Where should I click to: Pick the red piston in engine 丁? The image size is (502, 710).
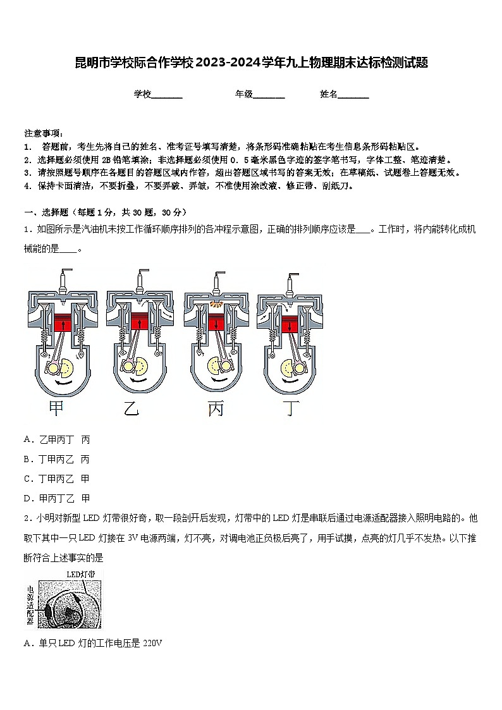tap(291, 326)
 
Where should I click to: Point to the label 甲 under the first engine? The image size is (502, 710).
tap(56, 409)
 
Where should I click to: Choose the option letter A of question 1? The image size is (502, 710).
tap(27, 439)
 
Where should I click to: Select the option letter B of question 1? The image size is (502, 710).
tap(27, 459)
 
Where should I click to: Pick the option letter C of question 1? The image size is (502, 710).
tap(27, 479)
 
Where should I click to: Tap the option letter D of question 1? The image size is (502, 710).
tap(27, 498)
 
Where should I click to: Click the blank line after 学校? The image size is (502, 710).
tap(167, 95)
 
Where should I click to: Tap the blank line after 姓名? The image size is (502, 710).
tap(353, 95)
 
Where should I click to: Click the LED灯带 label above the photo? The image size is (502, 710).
tap(81, 574)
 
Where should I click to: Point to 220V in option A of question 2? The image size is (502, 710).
tap(153, 643)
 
